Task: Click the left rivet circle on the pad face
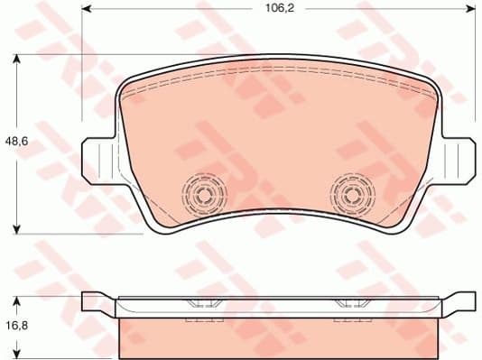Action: click(202, 191)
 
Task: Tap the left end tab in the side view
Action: click(98, 301)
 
